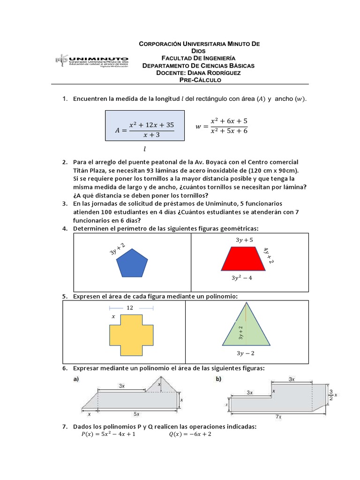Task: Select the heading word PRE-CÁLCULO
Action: pos(200,80)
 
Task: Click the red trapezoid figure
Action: pos(247,259)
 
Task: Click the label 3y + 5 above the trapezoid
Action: pos(244,240)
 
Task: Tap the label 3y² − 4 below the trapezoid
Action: pos(242,278)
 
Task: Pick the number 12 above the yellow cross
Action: pos(130,307)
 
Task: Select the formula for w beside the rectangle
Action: pos(221,126)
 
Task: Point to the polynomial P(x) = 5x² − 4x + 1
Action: pos(108,434)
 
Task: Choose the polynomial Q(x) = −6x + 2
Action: pos(190,434)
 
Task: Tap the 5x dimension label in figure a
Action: pos(136,414)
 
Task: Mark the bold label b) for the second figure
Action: pos(218,379)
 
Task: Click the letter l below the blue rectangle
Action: pos(145,149)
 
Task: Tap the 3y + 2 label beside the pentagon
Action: pos(118,248)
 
